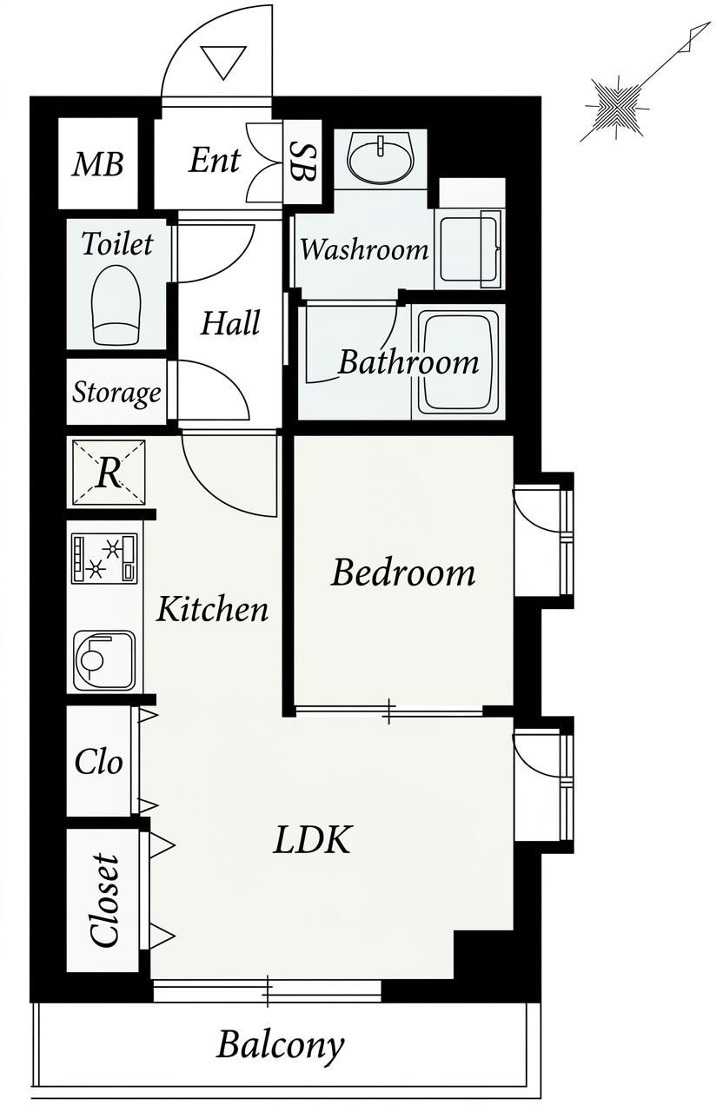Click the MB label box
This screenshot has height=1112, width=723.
pyautogui.click(x=98, y=163)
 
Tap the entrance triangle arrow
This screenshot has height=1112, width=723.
pyautogui.click(x=224, y=62)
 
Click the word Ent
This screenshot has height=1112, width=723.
pyautogui.click(x=214, y=161)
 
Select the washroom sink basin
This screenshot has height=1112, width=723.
pyautogui.click(x=381, y=158)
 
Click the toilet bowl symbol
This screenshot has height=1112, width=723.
pyautogui.click(x=116, y=305)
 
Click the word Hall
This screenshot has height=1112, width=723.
pyautogui.click(x=230, y=322)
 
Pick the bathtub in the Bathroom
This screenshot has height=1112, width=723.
pyautogui.click(x=458, y=362)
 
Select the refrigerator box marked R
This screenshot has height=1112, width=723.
pyautogui.click(x=109, y=473)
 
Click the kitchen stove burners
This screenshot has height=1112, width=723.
pyautogui.click(x=104, y=558)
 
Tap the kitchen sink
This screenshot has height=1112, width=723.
pyautogui.click(x=104, y=661)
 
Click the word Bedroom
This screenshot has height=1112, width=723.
pyautogui.click(x=402, y=573)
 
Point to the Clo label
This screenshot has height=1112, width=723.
pyautogui.click(x=98, y=762)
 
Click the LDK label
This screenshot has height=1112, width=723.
pyautogui.click(x=312, y=839)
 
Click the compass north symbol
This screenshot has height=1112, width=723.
pyautogui.click(x=617, y=108)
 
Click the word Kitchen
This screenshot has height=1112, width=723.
pyautogui.click(x=213, y=609)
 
